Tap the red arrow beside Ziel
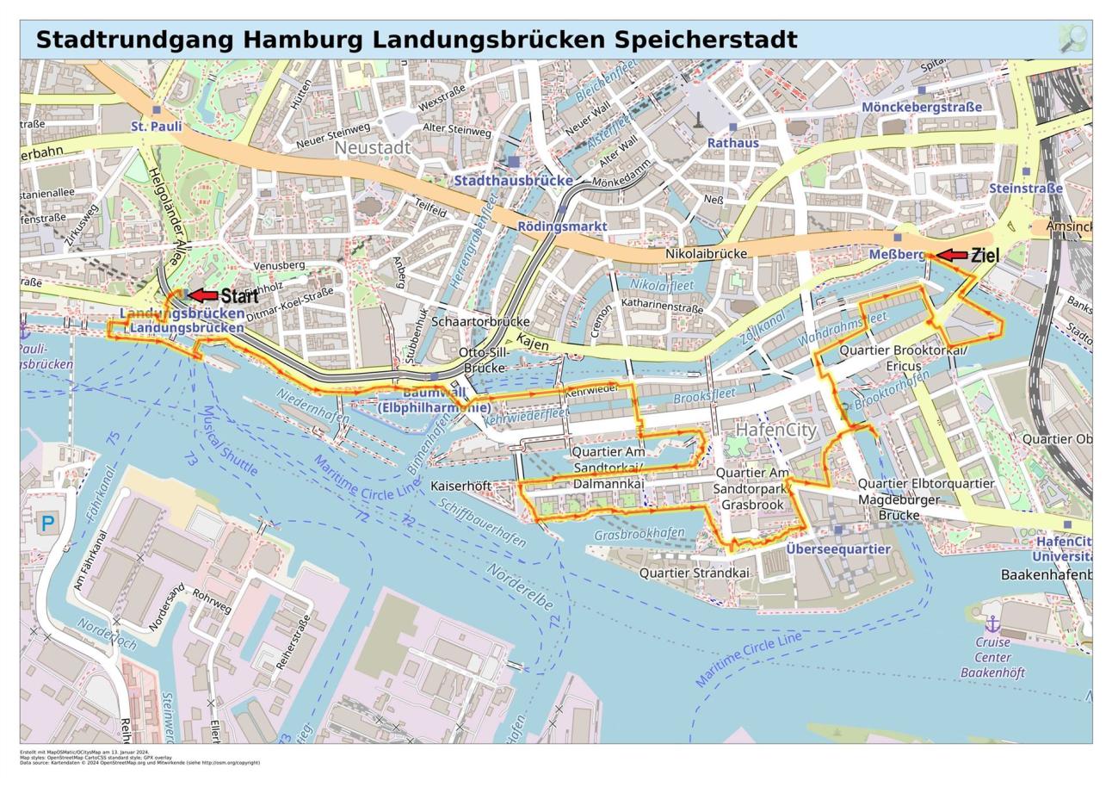point(951,255)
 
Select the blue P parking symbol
point(48,523)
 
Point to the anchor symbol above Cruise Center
point(992,623)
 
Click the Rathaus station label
point(732,142)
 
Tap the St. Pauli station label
point(157,126)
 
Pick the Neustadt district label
point(372,148)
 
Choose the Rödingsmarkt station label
point(562,226)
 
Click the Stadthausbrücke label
point(513,181)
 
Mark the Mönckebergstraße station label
point(921,107)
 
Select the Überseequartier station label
point(837,548)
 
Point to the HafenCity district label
point(776,429)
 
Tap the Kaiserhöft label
point(460,486)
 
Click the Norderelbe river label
point(520,586)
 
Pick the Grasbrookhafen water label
point(639,534)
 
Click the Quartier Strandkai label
point(694,573)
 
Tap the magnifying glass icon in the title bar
point(1072,39)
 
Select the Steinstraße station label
point(1026,188)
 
